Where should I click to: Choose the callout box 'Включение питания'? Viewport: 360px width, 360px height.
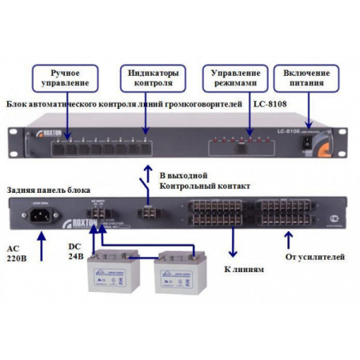[x=306, y=78]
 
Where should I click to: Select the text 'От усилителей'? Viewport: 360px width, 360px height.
[x=315, y=257]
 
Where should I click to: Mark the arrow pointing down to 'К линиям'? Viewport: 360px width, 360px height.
[x=232, y=244]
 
